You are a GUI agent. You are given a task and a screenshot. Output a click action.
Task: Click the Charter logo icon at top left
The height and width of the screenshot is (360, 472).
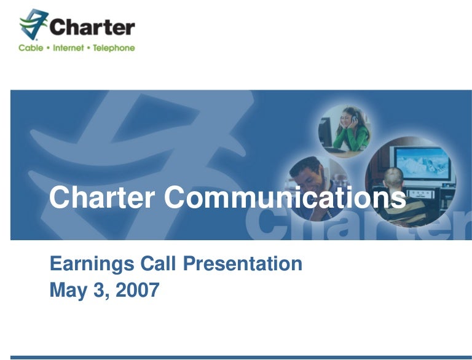point(33,24)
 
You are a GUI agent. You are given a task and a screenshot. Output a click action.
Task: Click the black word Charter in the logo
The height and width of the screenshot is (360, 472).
point(92,27)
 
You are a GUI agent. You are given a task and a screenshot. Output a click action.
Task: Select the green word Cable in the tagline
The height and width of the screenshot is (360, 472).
point(31,48)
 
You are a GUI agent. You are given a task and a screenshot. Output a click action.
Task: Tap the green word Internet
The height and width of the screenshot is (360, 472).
point(68,48)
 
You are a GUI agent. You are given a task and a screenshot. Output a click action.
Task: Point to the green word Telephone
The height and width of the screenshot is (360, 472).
point(114,48)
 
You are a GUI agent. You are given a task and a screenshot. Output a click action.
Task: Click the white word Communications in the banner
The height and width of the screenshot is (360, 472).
point(285,197)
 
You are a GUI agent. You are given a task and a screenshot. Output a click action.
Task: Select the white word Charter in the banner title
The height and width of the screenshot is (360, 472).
point(102,197)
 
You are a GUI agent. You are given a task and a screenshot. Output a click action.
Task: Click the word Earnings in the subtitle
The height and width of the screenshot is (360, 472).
point(92,264)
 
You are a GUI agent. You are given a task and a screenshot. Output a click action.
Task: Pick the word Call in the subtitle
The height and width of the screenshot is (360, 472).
point(158,264)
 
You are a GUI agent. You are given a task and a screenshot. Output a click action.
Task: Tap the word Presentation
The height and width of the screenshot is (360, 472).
point(243,264)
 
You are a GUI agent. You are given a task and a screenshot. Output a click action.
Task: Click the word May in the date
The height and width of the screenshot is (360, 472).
point(68,291)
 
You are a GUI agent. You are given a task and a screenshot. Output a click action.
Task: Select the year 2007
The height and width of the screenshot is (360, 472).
point(138,289)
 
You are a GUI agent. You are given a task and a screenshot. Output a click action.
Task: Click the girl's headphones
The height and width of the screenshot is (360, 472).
point(355,117)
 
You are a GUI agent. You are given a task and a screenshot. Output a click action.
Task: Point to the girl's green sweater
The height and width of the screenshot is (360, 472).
point(353,138)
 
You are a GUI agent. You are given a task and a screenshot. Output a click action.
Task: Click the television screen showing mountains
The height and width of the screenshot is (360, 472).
point(423,163)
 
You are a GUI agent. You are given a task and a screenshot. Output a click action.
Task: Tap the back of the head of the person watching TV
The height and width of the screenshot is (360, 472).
point(393,178)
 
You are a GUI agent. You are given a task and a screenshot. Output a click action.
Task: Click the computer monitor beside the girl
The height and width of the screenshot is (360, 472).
point(325,133)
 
